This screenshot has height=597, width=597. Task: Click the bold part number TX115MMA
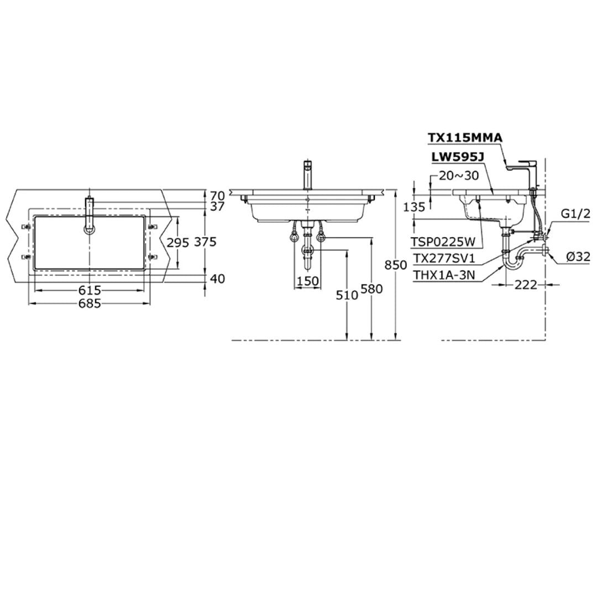(465, 138)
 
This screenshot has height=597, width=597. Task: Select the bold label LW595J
(458, 158)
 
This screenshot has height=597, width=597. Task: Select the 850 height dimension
(385, 265)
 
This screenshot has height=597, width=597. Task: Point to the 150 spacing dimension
(308, 281)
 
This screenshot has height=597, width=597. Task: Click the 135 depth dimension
(415, 207)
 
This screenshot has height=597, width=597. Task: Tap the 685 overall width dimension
(89, 303)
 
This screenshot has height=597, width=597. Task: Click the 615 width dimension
(89, 290)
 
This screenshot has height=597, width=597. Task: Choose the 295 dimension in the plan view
(177, 242)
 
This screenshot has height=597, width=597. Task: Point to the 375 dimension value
(205, 242)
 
